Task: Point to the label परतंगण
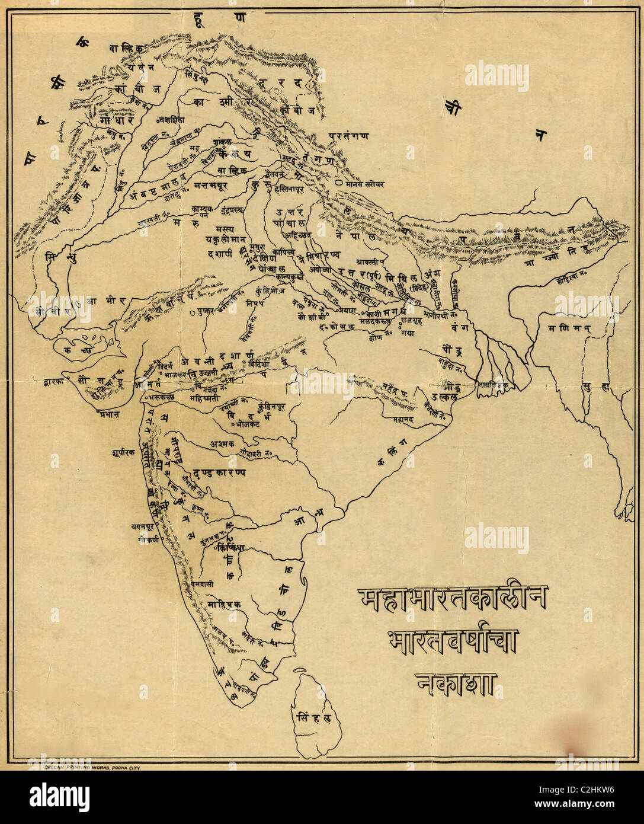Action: [350, 136]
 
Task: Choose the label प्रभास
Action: [100, 413]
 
